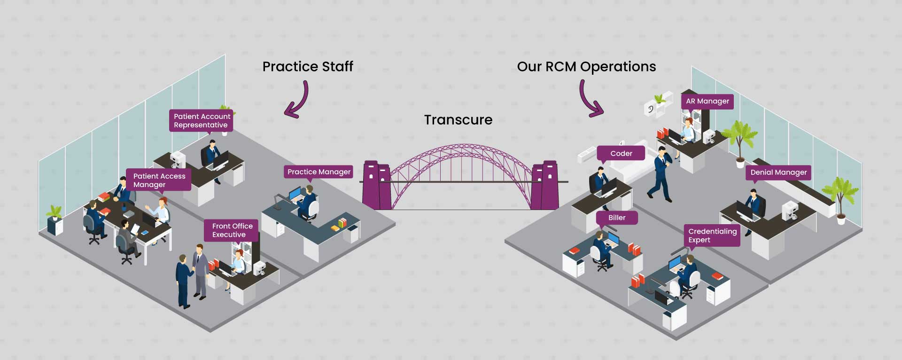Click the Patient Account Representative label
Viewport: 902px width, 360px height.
point(201,120)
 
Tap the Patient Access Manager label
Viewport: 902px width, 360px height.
point(159,180)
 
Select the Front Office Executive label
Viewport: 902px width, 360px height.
point(232,230)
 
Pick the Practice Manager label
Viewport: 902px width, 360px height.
point(319,172)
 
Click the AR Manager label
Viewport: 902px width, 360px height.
point(707,101)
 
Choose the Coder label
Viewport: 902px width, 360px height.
point(621,154)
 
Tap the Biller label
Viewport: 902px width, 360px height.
point(617,218)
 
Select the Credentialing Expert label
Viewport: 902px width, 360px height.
point(712,235)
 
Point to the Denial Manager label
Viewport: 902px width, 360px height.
point(778,172)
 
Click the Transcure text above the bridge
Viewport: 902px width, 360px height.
point(458,120)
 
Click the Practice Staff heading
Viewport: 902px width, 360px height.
point(308,67)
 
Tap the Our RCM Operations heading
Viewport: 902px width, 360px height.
point(586,67)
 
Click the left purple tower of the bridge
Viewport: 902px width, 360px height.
point(376,185)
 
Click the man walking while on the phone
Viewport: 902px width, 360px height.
point(661,174)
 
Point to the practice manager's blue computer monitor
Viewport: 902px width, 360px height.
point(295,194)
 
